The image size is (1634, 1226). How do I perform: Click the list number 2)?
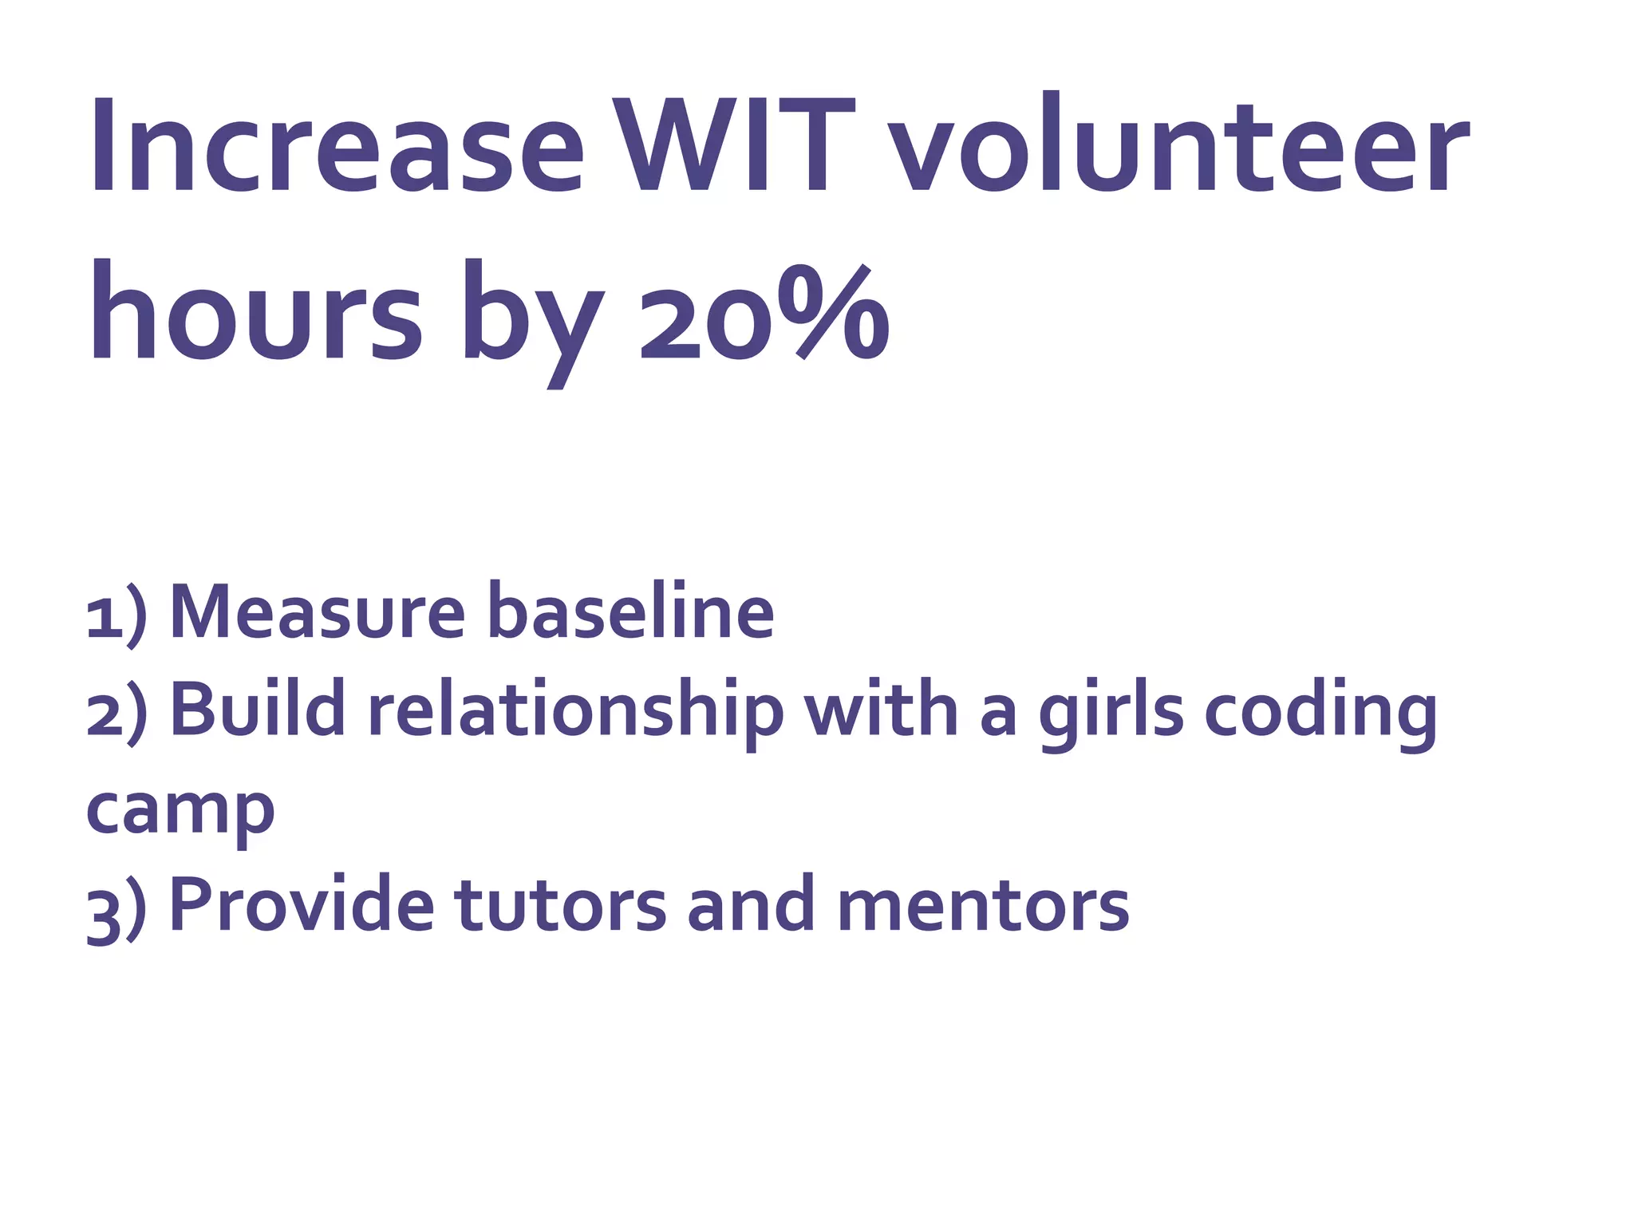coord(116,711)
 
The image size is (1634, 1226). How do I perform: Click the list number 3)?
coord(116,909)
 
